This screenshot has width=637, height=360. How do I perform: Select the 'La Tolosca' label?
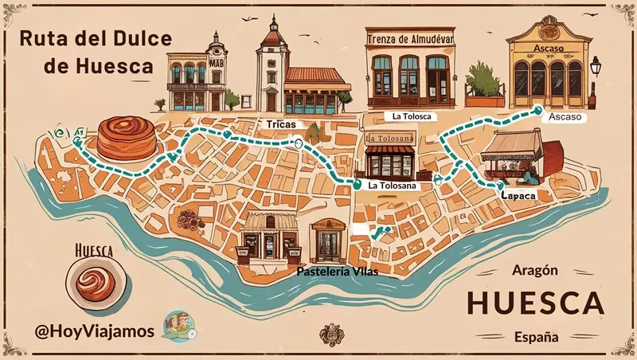click(412, 116)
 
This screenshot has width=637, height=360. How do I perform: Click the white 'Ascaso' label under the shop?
click(565, 117)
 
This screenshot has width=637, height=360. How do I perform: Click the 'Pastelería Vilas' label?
click(336, 272)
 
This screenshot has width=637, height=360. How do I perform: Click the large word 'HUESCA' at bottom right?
click(534, 303)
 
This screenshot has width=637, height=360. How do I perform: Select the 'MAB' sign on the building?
click(216, 65)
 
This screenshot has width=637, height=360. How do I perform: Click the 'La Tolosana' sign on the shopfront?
click(390, 140)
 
